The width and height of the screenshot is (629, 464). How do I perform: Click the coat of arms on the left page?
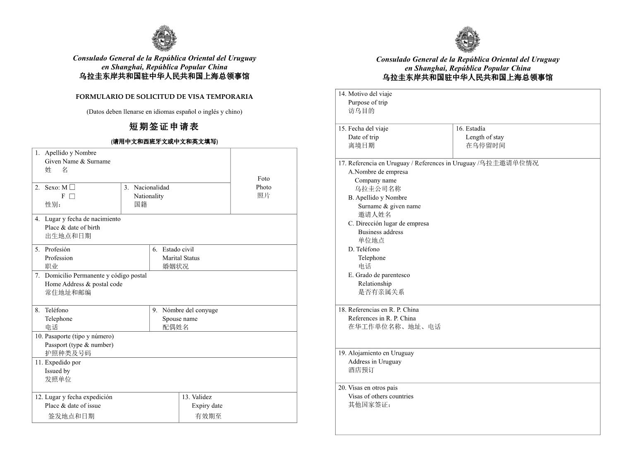tap(164, 39)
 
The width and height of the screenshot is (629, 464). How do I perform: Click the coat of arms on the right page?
tap(467, 40)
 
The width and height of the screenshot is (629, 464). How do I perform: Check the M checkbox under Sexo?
tap(72, 187)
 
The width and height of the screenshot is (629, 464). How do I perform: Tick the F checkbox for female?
tap(72, 196)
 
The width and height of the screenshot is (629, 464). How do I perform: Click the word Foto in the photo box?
tap(264, 179)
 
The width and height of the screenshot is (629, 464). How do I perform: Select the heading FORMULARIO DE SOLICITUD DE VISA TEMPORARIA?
tap(164, 97)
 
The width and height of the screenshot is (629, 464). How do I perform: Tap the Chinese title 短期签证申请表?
tap(164, 127)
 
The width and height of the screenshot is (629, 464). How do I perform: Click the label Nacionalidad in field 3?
tap(151, 187)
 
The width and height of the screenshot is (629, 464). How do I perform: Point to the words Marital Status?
tap(181, 258)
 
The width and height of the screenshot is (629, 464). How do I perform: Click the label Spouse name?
tap(180, 319)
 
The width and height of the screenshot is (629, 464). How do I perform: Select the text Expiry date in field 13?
tap(207, 406)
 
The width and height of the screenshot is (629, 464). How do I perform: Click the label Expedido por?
tap(63, 362)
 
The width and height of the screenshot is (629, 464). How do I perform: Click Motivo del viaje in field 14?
tap(370, 94)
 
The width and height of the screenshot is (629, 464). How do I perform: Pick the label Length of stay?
tap(485, 137)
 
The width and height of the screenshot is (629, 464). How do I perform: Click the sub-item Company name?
tap(375, 180)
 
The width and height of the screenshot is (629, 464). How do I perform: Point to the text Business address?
tap(381, 232)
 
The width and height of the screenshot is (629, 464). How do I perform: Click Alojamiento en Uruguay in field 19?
tap(381, 353)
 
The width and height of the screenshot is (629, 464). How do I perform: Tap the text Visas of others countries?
tap(381, 396)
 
